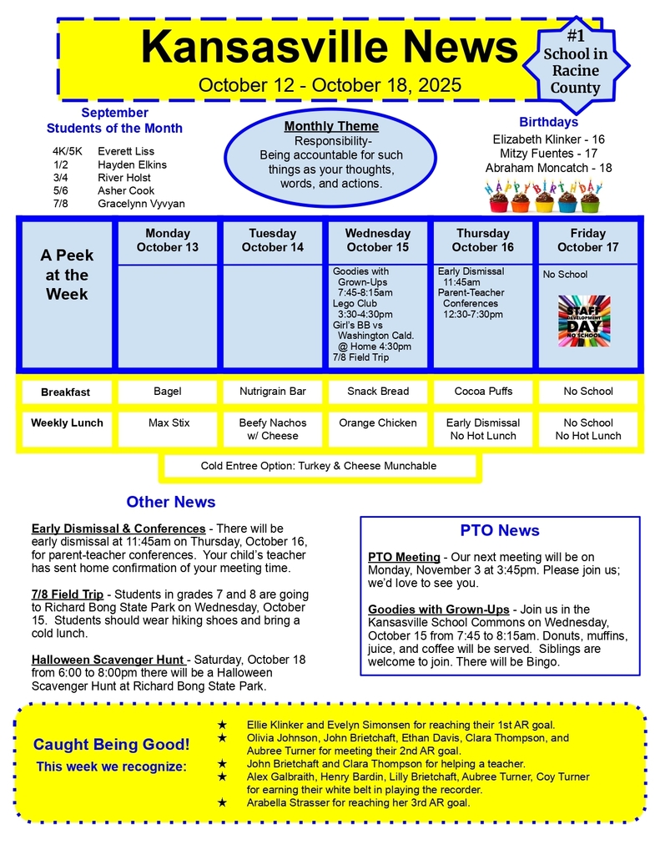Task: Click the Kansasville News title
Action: coord(329,47)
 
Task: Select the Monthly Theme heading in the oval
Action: coord(331,126)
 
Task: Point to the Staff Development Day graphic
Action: coord(584,321)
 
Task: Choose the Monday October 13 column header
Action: coord(168,240)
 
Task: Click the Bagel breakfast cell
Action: coord(168,391)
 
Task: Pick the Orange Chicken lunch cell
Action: coord(377,423)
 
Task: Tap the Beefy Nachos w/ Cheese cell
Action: coord(273,429)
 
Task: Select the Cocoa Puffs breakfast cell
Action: coord(483,391)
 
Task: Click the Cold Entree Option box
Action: coord(319,466)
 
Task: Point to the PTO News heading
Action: coord(500,530)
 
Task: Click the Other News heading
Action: coord(171,502)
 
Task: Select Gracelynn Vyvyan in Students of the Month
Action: coord(141,204)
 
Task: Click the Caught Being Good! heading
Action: coord(112,744)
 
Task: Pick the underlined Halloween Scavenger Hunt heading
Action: coord(108,660)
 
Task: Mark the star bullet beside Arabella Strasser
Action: coord(222,802)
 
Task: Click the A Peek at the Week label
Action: coord(67,274)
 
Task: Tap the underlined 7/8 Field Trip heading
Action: coord(67,594)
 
